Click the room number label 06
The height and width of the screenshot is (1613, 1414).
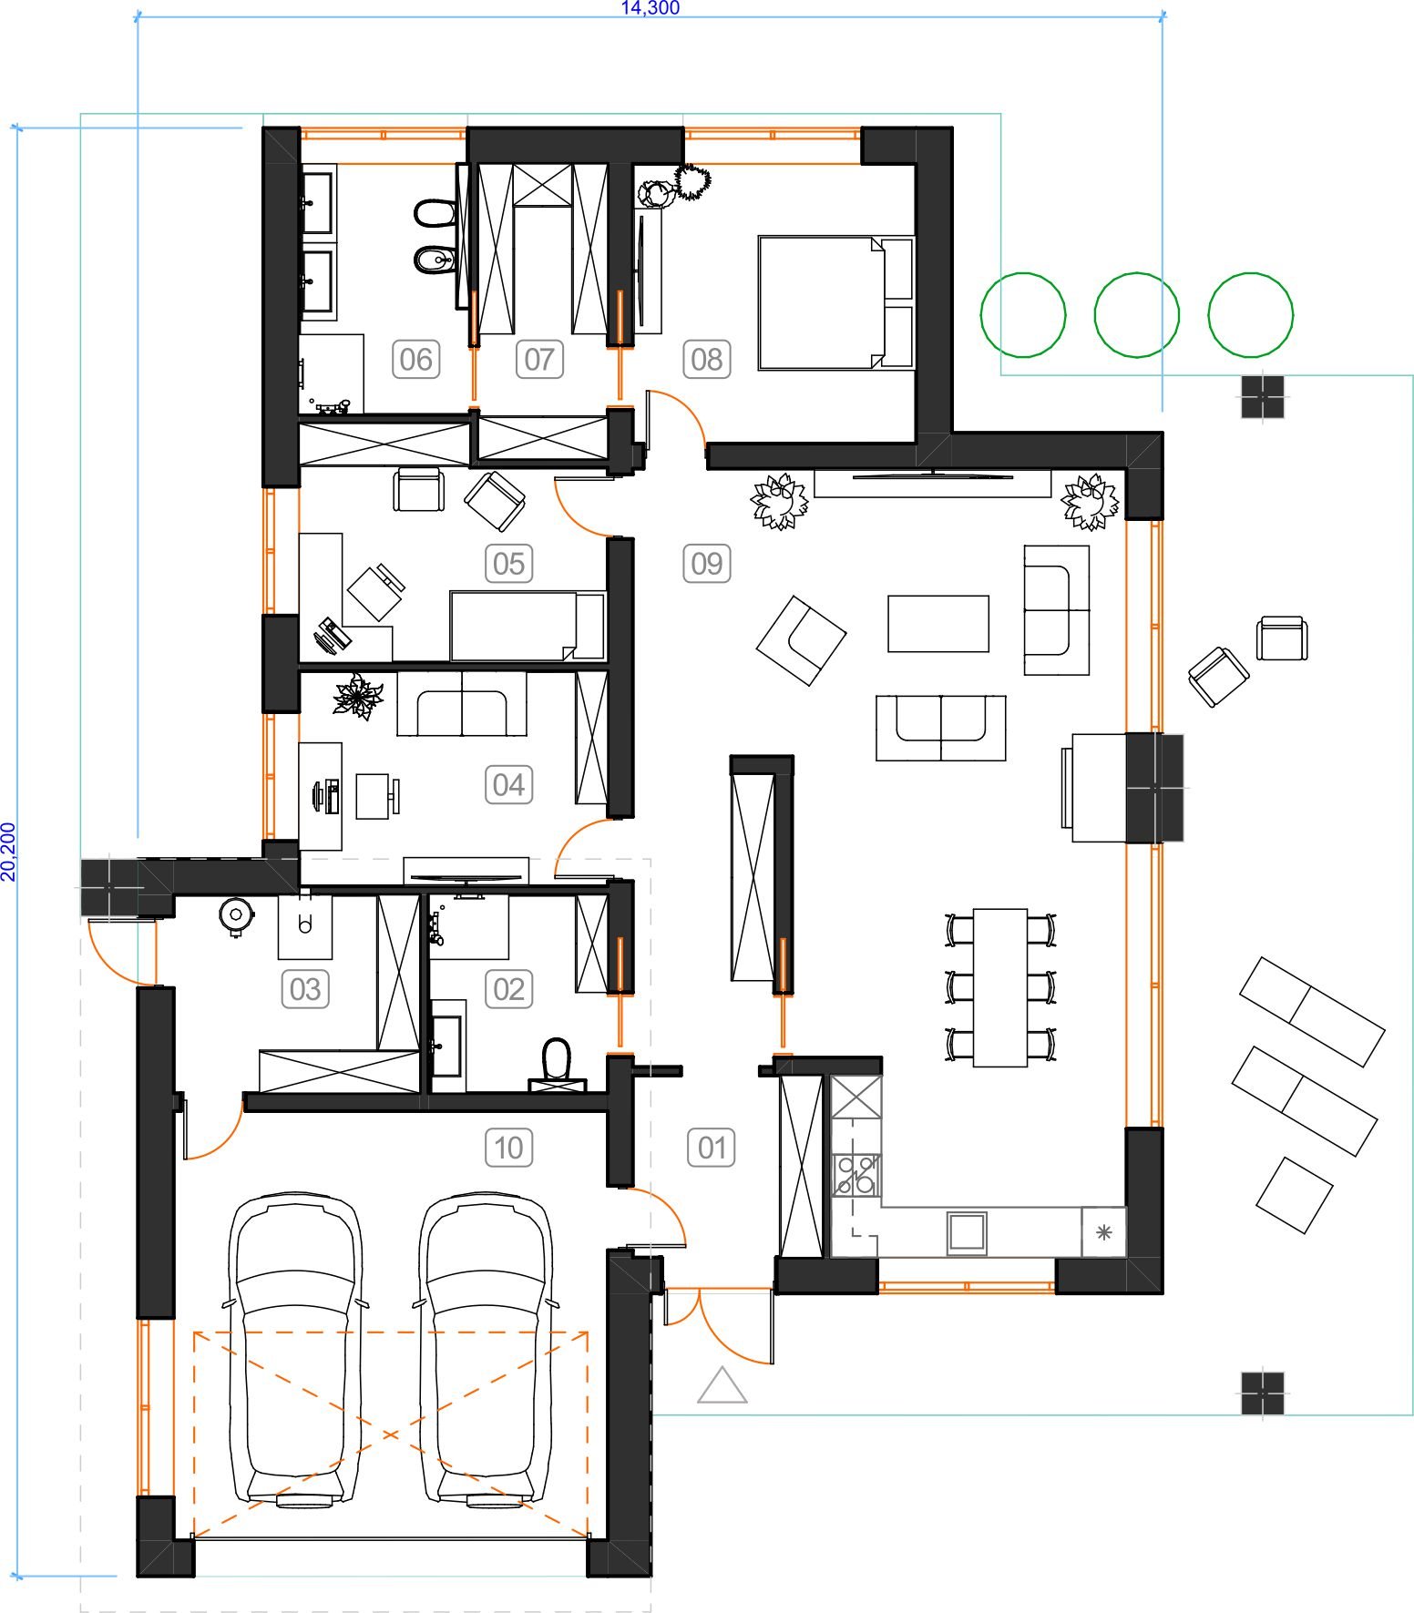coord(415,359)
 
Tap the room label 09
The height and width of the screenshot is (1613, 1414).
coord(707,563)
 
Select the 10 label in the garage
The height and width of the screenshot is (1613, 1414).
coord(508,1148)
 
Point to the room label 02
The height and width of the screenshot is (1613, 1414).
coord(508,988)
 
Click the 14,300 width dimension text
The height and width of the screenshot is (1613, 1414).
coord(650,8)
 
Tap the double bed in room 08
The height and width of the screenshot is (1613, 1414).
coord(835,302)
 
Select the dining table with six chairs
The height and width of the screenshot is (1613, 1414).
coord(1000,987)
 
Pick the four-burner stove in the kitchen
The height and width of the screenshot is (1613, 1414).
coord(856,1174)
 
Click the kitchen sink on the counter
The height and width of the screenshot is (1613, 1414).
coord(967,1232)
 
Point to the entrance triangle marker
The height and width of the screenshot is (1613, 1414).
coord(722,1385)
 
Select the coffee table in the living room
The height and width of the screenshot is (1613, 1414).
coord(938,623)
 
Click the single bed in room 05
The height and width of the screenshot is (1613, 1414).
coord(527,626)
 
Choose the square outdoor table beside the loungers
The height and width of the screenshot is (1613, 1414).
coord(1294,1194)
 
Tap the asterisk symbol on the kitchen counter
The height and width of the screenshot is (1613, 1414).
coord(1103,1232)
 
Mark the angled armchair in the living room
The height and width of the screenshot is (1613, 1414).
coord(801,639)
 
